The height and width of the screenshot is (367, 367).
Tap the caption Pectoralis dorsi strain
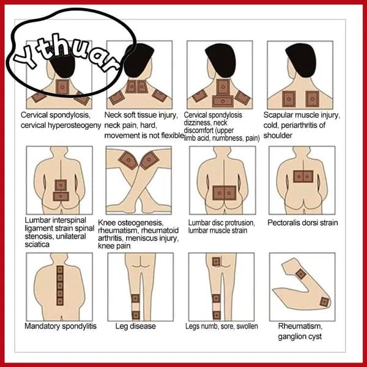click(x=303, y=223)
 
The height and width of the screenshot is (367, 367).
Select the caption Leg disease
click(x=136, y=326)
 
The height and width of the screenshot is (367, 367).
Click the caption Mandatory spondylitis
click(x=61, y=326)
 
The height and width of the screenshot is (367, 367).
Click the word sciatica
click(x=37, y=245)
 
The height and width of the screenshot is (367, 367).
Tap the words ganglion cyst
click(x=300, y=336)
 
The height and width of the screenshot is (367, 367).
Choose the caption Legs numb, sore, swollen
click(x=221, y=326)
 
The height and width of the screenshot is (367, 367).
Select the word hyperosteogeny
click(x=74, y=125)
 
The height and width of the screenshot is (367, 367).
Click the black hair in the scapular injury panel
click(x=301, y=60)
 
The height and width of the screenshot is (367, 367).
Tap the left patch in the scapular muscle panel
click(x=289, y=99)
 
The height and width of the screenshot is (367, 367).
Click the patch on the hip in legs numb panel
click(x=216, y=261)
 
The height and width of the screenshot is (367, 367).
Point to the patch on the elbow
click(x=324, y=302)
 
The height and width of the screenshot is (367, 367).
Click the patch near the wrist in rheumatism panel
click(x=301, y=274)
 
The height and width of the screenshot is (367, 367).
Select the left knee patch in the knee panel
click(x=128, y=160)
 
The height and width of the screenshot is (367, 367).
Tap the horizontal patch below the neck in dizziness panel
click(x=223, y=102)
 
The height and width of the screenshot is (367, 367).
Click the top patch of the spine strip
click(x=60, y=270)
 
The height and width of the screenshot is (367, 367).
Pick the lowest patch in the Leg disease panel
click(x=136, y=315)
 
